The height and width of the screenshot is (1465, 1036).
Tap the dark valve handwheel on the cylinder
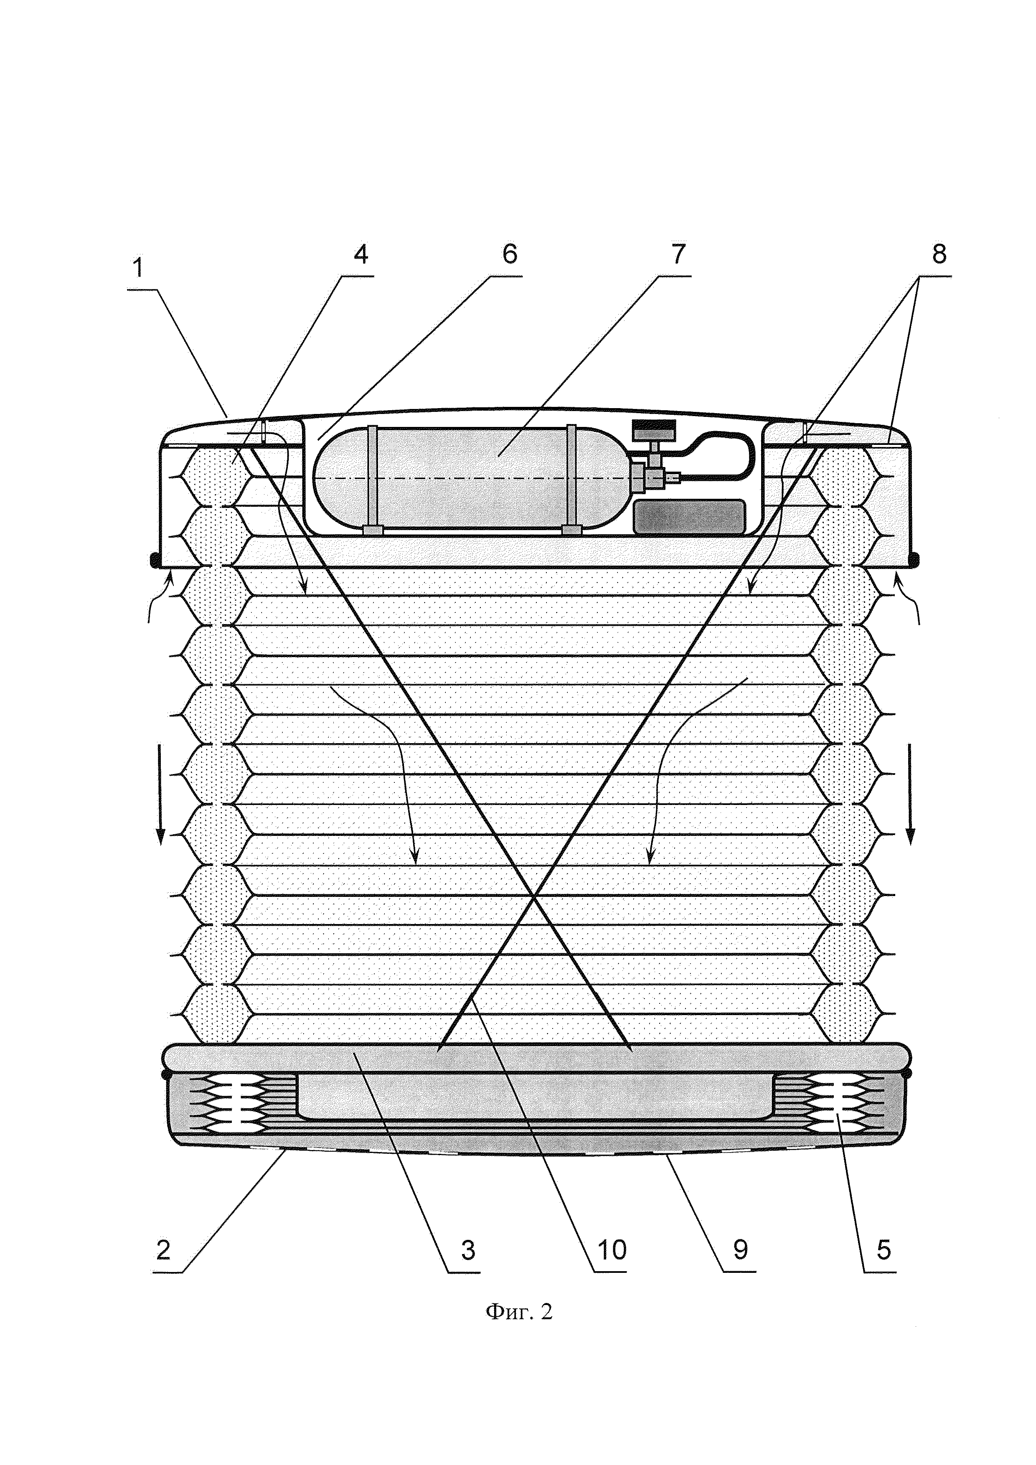(653, 429)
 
